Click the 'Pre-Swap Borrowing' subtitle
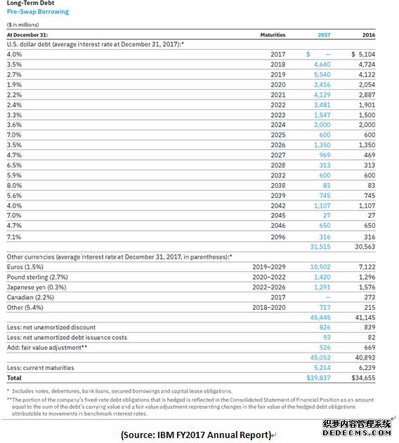[38, 12]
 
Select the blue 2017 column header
[324, 35]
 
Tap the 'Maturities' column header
[273, 35]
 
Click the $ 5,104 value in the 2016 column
[363, 54]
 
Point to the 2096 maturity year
[277, 237]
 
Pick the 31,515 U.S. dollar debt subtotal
[320, 247]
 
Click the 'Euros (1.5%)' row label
[25, 267]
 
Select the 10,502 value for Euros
[320, 267]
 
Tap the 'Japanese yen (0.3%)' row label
[37, 287]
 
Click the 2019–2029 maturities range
[269, 267]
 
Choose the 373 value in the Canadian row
[369, 297]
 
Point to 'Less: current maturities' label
[40, 368]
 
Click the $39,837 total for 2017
[318, 378]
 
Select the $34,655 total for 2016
[363, 378]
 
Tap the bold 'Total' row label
[14, 378]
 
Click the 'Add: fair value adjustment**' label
[47, 348]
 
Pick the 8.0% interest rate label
[14, 186]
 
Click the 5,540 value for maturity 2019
[322, 74]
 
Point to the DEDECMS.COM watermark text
[357, 432]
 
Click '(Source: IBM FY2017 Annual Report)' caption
[196, 435]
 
